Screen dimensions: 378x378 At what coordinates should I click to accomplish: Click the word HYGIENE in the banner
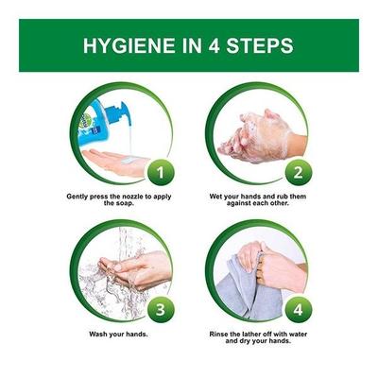click(129, 45)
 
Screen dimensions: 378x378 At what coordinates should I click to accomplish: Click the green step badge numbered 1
click(160, 173)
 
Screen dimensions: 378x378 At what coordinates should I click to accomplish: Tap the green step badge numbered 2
click(298, 173)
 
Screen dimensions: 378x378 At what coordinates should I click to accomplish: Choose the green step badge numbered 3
click(160, 310)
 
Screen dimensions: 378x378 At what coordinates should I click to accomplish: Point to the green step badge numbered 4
click(298, 310)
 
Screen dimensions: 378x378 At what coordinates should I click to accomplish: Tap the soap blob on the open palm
click(129, 161)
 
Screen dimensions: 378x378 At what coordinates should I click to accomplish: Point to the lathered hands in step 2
click(259, 136)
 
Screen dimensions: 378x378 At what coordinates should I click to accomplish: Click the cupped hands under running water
click(135, 269)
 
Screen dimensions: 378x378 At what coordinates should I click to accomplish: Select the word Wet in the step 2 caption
click(216, 197)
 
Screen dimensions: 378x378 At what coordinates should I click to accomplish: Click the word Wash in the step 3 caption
click(98, 335)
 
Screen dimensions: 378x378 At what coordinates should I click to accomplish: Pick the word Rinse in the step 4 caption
click(218, 335)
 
